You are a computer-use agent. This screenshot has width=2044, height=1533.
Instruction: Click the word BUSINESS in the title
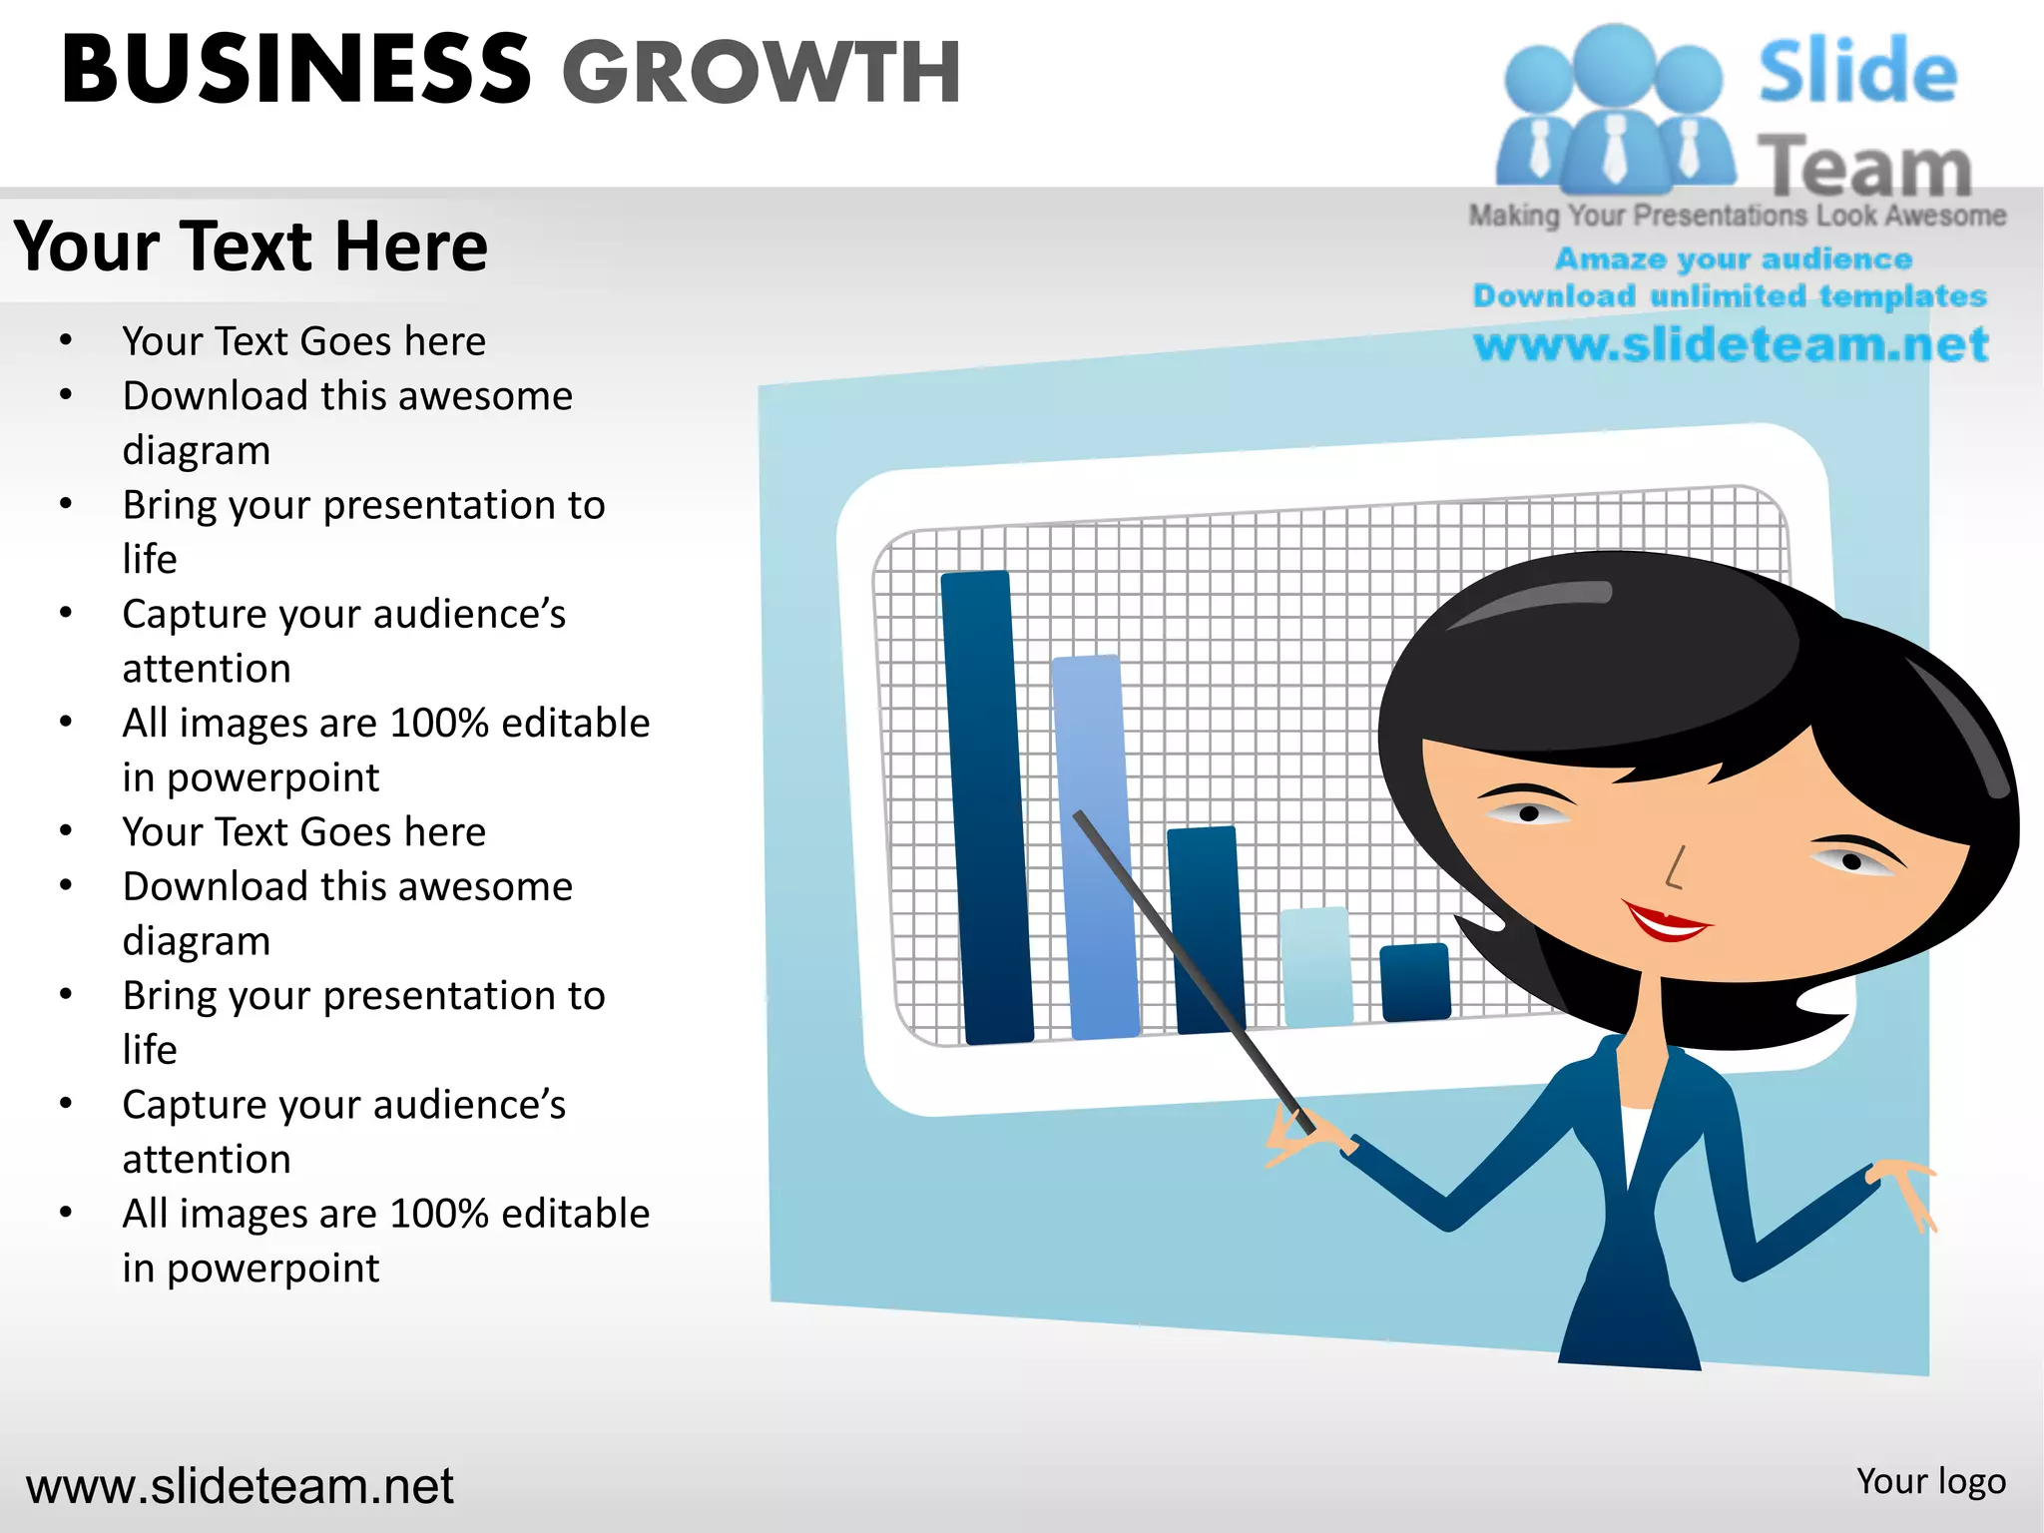[x=295, y=70]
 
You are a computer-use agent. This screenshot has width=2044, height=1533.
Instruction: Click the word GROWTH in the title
[x=761, y=72]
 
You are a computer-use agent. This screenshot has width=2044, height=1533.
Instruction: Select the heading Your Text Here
[x=251, y=247]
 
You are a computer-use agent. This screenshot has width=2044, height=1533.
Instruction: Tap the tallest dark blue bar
[x=985, y=808]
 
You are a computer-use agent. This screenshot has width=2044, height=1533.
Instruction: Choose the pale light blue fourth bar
[x=1316, y=965]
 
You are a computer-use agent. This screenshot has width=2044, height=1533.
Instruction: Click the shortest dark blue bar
[x=1414, y=982]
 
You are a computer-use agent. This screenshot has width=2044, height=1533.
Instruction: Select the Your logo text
[x=1930, y=1481]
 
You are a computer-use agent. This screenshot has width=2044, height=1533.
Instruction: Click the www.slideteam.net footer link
[x=240, y=1485]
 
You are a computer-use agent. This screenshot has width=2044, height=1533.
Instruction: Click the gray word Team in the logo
[x=1864, y=166]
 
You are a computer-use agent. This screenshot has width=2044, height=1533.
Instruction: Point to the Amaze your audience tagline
[x=1734, y=258]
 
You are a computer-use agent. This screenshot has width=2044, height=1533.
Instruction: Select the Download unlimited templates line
[x=1730, y=295]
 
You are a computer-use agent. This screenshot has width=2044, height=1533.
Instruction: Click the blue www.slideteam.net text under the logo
[x=1731, y=344]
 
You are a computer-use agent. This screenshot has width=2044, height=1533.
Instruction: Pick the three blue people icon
[x=1615, y=110]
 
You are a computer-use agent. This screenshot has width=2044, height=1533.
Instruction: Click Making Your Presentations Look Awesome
[x=1737, y=216]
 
